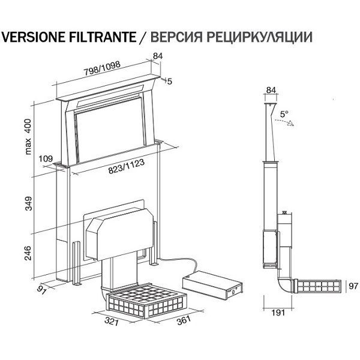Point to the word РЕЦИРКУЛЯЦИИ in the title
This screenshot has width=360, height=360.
[262, 37]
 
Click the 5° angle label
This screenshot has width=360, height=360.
[283, 113]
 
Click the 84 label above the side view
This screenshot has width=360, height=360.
[271, 91]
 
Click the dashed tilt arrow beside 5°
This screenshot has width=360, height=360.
[285, 122]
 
